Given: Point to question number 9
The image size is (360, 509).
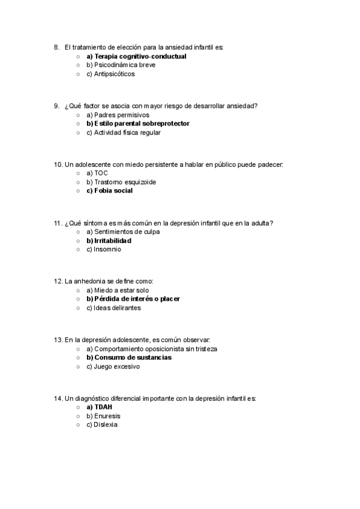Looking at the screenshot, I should pyautogui.click(x=56, y=106).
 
